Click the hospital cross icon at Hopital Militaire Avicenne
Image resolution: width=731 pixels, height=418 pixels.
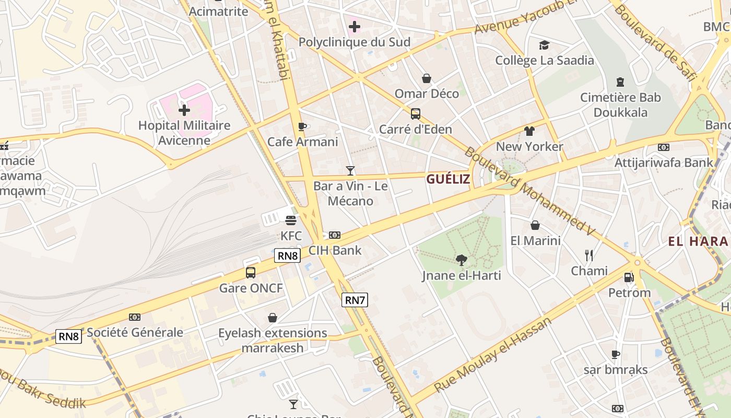pyautogui.click(x=184, y=110)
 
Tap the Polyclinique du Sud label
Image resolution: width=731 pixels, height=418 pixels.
pyautogui.click(x=354, y=42)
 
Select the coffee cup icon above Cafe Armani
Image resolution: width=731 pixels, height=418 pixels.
pyautogui.click(x=302, y=126)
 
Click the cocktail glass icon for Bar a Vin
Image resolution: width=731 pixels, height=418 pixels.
pyautogui.click(x=350, y=171)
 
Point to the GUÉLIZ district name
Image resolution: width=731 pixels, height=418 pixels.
pyautogui.click(x=448, y=179)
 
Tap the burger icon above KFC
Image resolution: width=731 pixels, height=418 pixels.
pyautogui.click(x=291, y=220)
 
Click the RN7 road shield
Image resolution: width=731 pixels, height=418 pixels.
pyautogui.click(x=355, y=300)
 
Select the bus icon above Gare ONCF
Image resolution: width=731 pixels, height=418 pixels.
pyautogui.click(x=251, y=272)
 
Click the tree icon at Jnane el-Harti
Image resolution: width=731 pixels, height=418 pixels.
pyautogui.click(x=461, y=260)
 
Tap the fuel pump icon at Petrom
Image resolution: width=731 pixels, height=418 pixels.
pyautogui.click(x=629, y=277)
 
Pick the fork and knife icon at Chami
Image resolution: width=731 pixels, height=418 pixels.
pyautogui.click(x=589, y=255)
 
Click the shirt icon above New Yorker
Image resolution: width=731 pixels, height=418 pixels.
pyautogui.click(x=529, y=131)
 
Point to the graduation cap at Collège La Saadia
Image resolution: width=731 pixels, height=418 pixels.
pyautogui.click(x=544, y=45)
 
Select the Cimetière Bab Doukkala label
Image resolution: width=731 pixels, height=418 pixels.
pyautogui.click(x=620, y=104)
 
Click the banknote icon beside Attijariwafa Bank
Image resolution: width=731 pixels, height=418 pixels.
pyautogui.click(x=663, y=147)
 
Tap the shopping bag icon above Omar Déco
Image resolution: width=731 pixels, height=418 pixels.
pyautogui.click(x=427, y=78)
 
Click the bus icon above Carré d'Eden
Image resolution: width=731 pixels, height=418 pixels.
pyautogui.click(x=415, y=113)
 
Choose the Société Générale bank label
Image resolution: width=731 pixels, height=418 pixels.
pyautogui.click(x=135, y=332)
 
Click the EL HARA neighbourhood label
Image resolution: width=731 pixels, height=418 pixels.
pyautogui.click(x=698, y=241)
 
